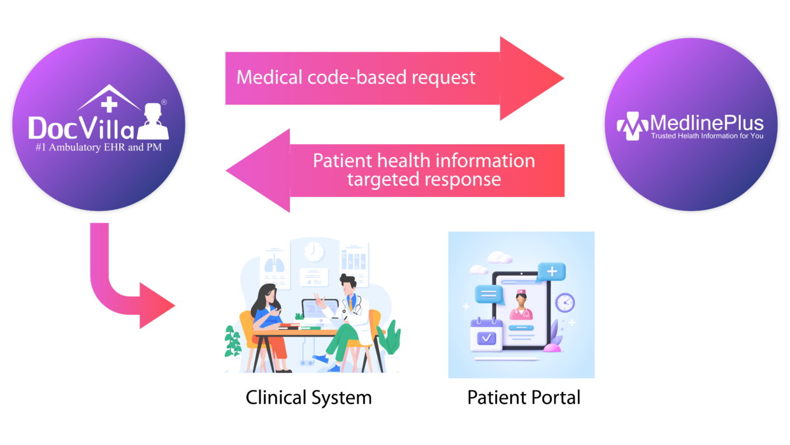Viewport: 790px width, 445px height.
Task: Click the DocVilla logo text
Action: click(x=82, y=128)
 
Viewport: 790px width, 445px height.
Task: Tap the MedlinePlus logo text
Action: click(x=706, y=122)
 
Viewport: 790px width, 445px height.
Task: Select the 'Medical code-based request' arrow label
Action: click(x=355, y=78)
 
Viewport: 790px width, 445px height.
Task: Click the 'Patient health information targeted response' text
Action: click(x=424, y=169)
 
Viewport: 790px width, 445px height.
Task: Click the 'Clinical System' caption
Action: click(x=308, y=398)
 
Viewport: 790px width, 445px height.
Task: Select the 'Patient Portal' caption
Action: click(x=524, y=398)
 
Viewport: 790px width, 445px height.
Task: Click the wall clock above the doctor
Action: click(x=313, y=251)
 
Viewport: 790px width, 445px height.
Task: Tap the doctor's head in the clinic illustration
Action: click(x=347, y=282)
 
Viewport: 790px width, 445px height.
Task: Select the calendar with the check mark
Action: click(x=486, y=335)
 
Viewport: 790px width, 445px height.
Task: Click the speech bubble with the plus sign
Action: click(x=552, y=272)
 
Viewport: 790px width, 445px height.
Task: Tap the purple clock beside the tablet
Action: click(x=564, y=302)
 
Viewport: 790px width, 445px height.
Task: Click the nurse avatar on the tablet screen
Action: click(x=521, y=305)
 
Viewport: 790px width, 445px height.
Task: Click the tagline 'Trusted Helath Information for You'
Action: click(x=706, y=136)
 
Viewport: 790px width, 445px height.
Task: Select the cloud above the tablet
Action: click(x=499, y=258)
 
